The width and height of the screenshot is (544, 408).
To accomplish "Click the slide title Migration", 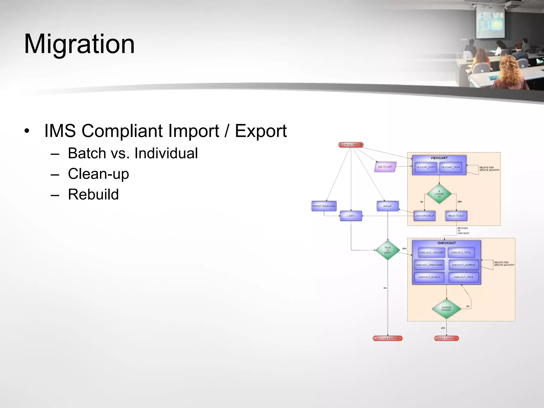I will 79,44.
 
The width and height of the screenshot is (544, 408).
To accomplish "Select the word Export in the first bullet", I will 261,131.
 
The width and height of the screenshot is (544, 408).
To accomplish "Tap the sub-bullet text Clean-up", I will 98,174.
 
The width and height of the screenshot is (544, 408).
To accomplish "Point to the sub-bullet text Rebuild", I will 93,194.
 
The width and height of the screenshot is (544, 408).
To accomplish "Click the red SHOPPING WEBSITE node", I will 351,145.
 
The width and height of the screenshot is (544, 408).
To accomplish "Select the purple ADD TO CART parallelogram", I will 385,167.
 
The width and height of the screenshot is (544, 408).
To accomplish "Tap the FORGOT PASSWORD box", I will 324,206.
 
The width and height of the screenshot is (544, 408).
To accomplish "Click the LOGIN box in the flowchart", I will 351,216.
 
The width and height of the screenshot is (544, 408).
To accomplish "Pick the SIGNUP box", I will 388,206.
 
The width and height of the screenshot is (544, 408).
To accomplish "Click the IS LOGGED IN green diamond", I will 439,194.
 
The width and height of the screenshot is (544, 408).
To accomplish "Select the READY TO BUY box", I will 456,216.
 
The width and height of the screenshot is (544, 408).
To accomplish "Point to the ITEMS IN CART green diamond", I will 388,250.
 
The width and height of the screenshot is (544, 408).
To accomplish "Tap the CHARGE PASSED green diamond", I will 446,309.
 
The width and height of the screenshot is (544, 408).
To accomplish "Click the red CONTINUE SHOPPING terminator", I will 388,338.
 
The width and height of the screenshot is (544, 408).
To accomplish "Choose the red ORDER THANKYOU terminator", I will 446,338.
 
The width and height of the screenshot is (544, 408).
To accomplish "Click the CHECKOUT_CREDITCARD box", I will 429,265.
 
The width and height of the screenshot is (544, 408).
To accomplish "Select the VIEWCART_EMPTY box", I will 426,167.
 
